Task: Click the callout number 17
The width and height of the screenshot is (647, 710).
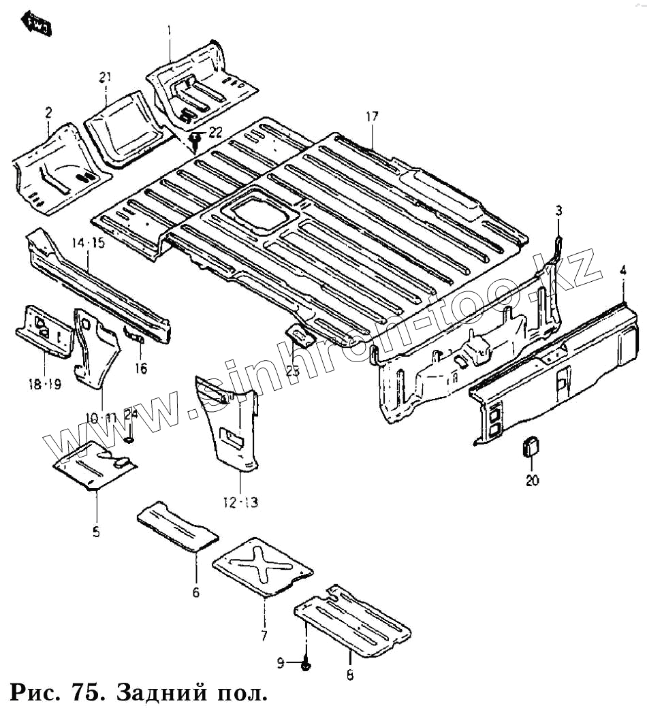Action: click(x=371, y=116)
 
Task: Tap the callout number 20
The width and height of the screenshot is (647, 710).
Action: click(x=532, y=481)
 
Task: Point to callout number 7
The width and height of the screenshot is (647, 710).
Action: click(x=264, y=636)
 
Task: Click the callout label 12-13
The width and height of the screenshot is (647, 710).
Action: click(x=240, y=503)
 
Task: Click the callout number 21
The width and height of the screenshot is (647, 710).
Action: click(x=104, y=77)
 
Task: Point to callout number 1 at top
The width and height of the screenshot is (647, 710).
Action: click(x=170, y=30)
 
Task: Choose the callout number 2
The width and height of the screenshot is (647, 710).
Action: click(x=48, y=112)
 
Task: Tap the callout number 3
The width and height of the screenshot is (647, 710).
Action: click(x=558, y=210)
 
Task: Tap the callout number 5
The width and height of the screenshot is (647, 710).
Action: click(x=96, y=532)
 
